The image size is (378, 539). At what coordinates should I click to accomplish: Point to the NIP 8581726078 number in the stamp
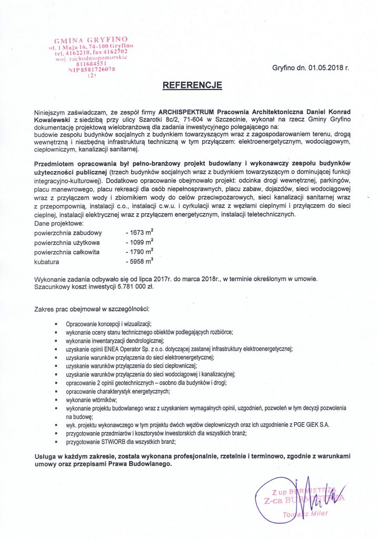(92, 69)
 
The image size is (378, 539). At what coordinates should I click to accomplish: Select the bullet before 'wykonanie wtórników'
(56, 400)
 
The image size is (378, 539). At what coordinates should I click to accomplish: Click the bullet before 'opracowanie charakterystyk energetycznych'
(56, 392)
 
